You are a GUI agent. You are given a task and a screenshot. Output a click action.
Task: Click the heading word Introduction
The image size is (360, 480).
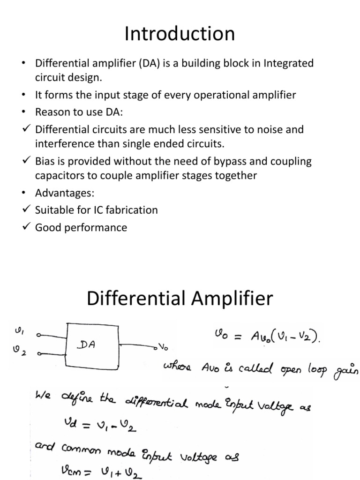(180, 35)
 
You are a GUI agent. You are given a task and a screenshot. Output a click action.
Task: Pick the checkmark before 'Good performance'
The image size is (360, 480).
(26, 227)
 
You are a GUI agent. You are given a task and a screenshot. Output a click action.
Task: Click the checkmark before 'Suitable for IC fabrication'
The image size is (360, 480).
(26, 210)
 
